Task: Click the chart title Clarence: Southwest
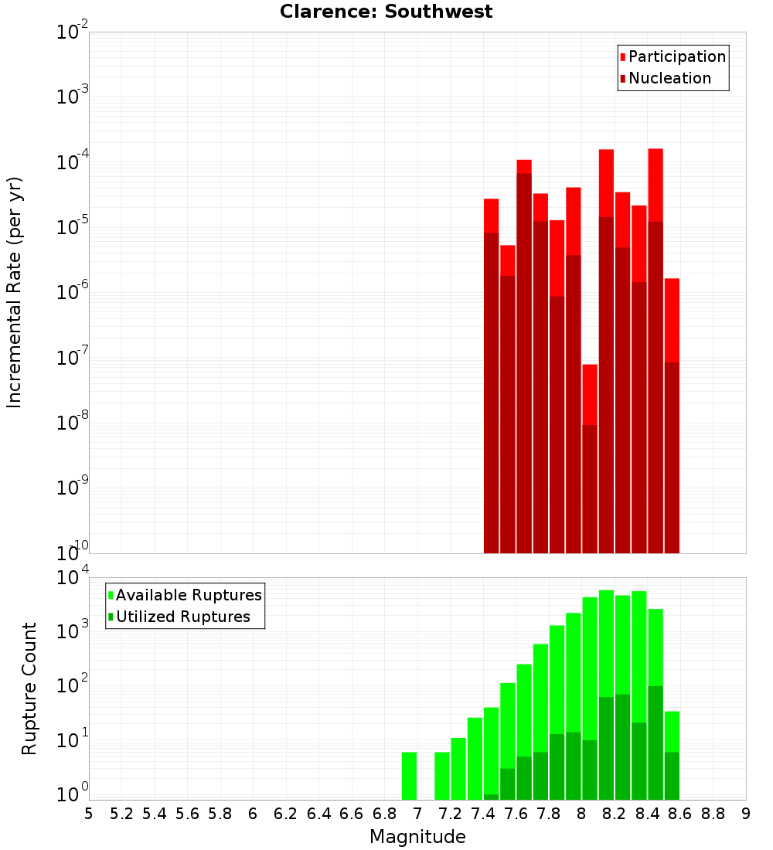pyautogui.click(x=386, y=12)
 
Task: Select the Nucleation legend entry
pyautogui.click(x=669, y=78)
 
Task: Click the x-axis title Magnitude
pyautogui.click(x=417, y=837)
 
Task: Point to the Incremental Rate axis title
pyautogui.click(x=15, y=293)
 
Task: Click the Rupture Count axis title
pyautogui.click(x=29, y=688)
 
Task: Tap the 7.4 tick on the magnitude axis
pyautogui.click(x=483, y=814)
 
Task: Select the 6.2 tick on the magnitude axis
pyautogui.click(x=286, y=814)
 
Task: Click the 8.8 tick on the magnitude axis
pyautogui.click(x=713, y=814)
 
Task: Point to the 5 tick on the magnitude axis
pyautogui.click(x=89, y=814)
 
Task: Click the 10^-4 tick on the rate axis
pyautogui.click(x=72, y=162)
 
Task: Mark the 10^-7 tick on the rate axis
pyautogui.click(x=72, y=358)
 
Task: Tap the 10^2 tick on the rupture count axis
pyautogui.click(x=72, y=686)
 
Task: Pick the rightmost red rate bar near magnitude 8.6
pyautogui.click(x=672, y=417)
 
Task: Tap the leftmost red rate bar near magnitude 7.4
pyautogui.click(x=491, y=379)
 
